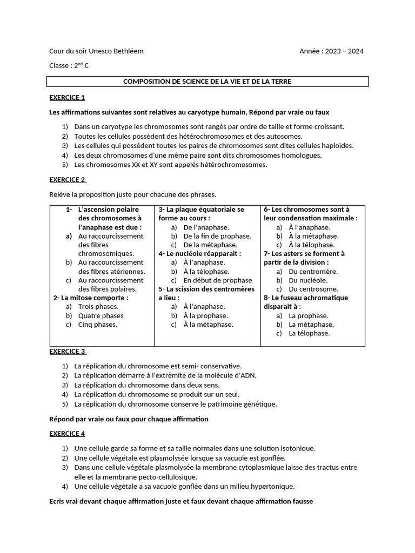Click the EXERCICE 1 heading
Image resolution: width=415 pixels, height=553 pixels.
click(x=67, y=98)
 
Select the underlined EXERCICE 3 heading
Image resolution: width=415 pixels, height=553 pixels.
click(x=68, y=351)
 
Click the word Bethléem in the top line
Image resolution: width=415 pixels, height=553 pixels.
click(x=128, y=51)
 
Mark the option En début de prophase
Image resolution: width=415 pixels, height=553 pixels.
click(x=217, y=280)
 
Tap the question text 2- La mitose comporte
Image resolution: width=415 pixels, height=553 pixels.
click(x=90, y=298)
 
